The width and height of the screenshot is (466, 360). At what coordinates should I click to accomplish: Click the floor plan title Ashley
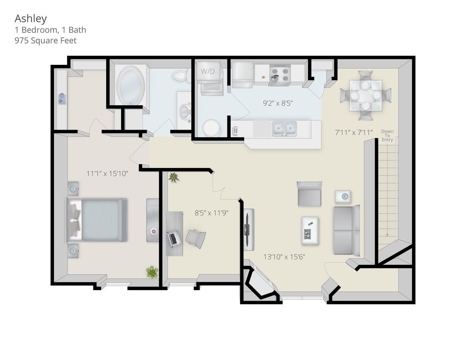[31, 19]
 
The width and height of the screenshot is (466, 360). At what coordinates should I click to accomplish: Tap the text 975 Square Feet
[46, 41]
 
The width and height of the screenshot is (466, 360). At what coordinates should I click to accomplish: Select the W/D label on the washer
[208, 71]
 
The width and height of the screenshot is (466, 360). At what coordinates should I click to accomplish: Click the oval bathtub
[131, 85]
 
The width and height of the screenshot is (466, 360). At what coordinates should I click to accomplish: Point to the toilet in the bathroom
[180, 76]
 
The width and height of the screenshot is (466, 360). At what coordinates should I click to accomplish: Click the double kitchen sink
[284, 128]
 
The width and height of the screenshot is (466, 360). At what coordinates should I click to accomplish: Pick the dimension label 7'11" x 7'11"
[354, 132]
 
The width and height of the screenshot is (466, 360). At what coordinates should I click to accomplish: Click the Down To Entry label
[387, 136]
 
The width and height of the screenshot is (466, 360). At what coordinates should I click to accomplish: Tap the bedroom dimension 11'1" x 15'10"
[107, 174]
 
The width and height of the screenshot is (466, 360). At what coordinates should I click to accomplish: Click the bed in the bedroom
[98, 220]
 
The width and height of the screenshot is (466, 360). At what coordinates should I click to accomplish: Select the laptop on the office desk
[173, 239]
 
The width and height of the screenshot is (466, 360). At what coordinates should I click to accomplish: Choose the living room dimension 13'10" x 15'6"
[284, 257]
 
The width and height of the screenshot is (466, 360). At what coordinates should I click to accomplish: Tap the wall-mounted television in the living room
[248, 230]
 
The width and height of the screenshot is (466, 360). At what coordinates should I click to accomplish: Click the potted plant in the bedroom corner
[151, 271]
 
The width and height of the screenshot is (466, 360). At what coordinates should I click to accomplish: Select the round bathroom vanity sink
[185, 112]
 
